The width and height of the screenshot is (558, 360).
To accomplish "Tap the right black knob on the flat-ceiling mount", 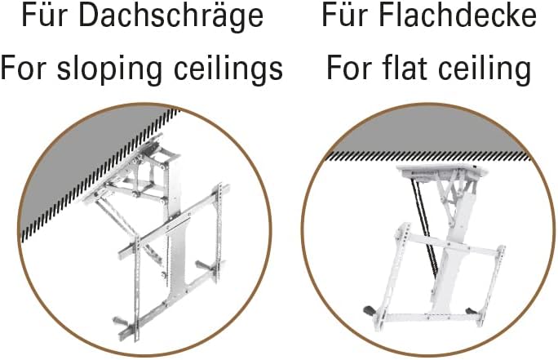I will point(471,310).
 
